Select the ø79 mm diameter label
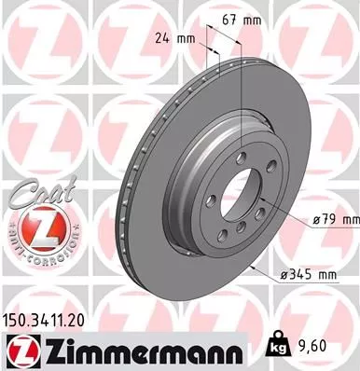pos(335,219)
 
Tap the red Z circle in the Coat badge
pos(36,227)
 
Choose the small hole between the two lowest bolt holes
pos(242,234)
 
